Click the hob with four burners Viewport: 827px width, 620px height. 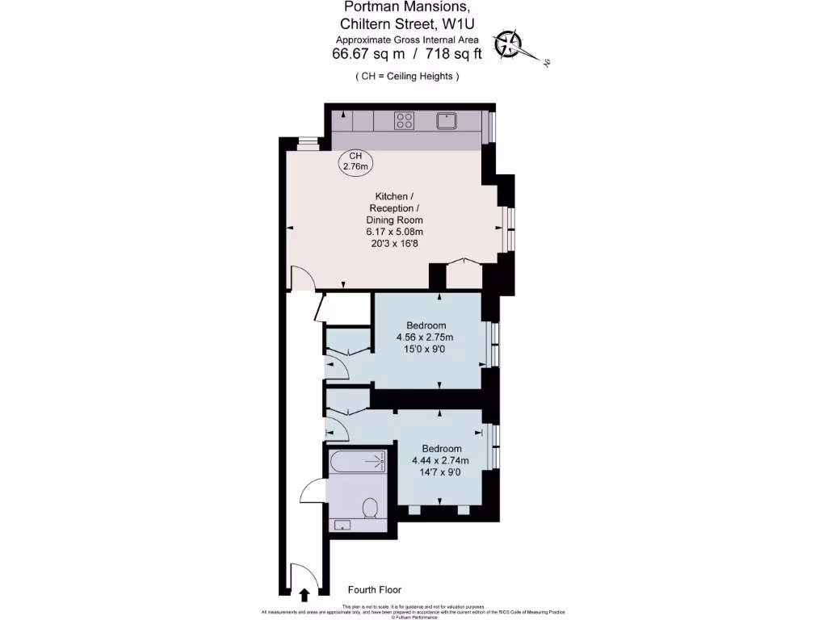405,121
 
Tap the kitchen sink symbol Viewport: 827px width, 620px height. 447,121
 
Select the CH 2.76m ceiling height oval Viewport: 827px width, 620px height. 355,161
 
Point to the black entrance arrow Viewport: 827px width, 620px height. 304,596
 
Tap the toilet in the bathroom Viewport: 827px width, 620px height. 370,508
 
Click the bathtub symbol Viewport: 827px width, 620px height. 359,463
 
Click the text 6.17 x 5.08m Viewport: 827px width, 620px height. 394,232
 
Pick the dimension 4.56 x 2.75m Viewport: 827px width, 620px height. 424,337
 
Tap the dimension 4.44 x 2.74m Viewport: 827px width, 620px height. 441,460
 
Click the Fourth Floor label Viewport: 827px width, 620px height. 374,590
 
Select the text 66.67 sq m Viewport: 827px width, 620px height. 369,55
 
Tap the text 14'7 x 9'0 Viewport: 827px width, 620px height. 441,472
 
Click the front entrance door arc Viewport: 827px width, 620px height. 304,574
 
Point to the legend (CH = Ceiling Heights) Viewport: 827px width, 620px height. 408,76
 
